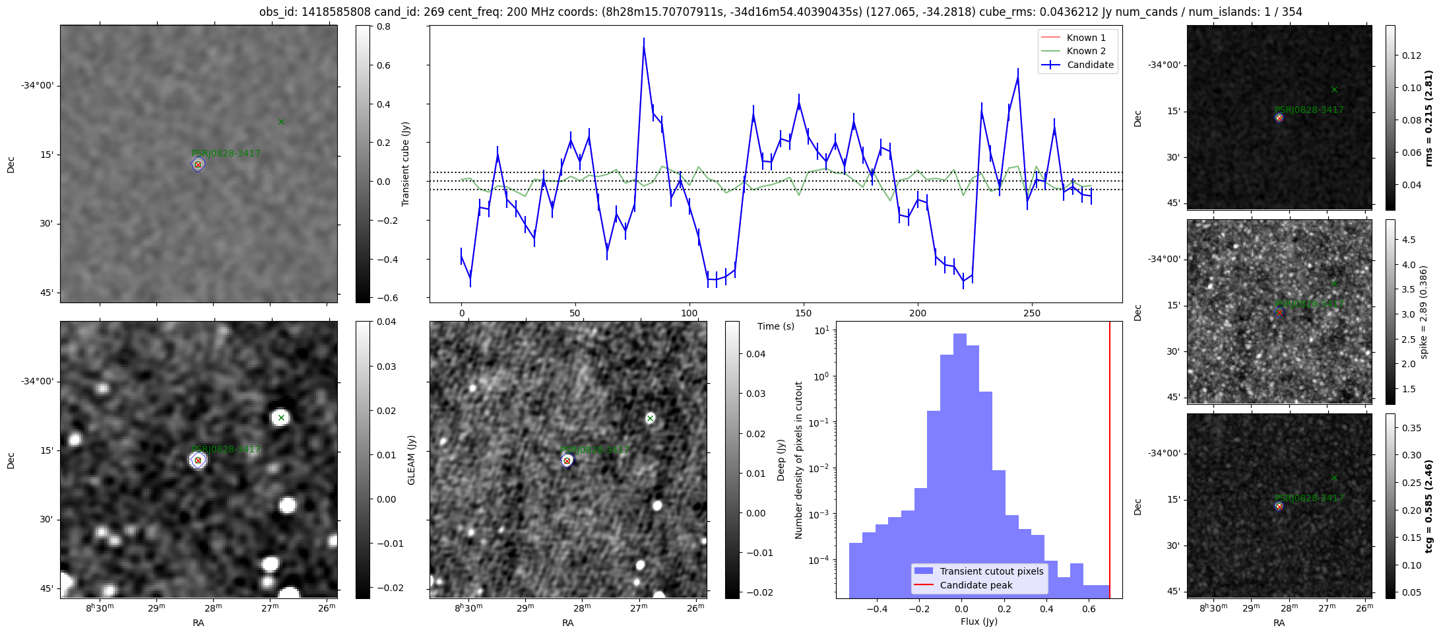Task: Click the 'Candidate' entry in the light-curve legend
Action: (x=1090, y=65)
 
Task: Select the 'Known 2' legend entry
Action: (x=1086, y=51)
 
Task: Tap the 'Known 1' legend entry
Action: (x=1086, y=38)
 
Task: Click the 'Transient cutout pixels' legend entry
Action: (x=992, y=571)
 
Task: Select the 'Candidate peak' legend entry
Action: (x=976, y=585)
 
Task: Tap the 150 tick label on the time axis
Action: (x=804, y=313)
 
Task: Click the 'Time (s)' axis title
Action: (x=776, y=326)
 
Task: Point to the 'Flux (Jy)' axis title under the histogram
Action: (x=979, y=621)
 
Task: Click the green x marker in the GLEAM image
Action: (x=281, y=417)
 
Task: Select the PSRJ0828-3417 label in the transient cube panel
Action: (x=226, y=153)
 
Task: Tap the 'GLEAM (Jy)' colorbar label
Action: (x=411, y=460)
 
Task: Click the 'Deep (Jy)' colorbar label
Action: (x=781, y=460)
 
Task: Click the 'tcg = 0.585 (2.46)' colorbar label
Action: (x=1429, y=506)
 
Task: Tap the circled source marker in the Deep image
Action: (x=567, y=460)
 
